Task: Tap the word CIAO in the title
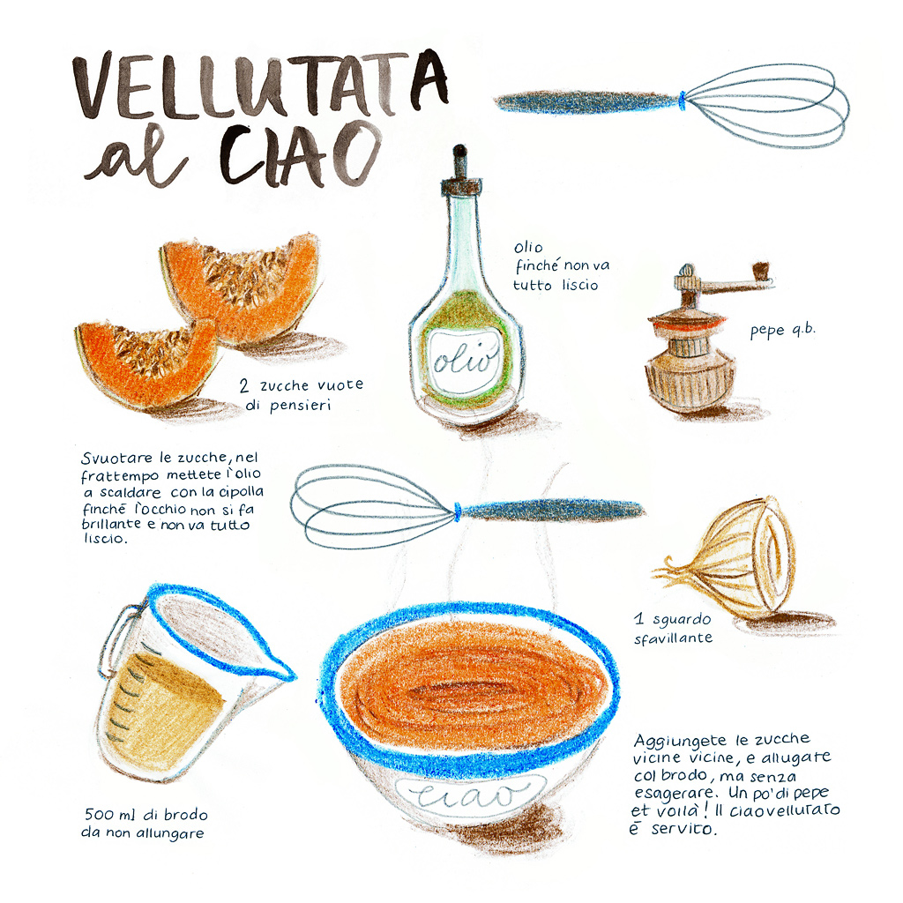tap(301, 155)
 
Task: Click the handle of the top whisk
tap(587, 102)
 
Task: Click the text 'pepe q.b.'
tap(782, 331)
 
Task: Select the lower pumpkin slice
tap(146, 362)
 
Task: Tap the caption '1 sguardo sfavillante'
tap(673, 628)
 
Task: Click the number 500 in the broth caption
tap(99, 814)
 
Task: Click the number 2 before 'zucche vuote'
tap(244, 385)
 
